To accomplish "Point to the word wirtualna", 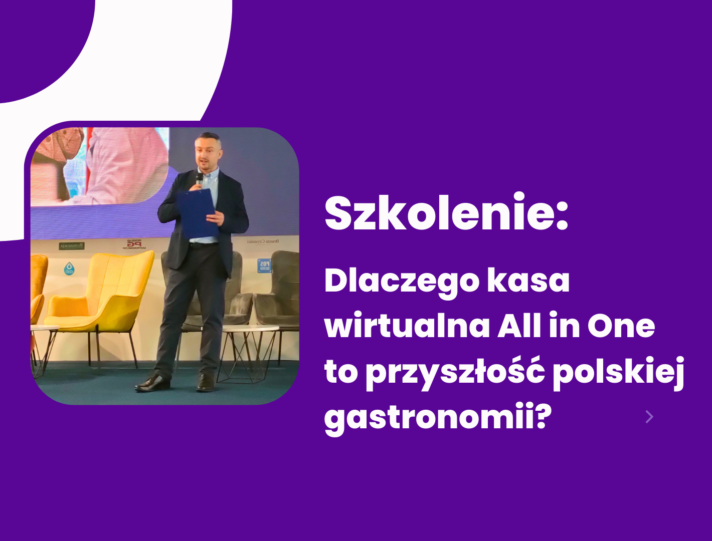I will pos(407,326).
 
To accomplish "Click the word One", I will pos(621,326).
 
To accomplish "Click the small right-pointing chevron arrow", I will pos(649,417).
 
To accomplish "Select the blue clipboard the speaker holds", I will pos(197,213).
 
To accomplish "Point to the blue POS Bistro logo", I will pos(264,265).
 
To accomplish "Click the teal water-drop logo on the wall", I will pos(69,269).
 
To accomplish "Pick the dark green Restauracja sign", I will pos(72,246).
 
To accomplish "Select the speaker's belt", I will pos(203,244).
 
